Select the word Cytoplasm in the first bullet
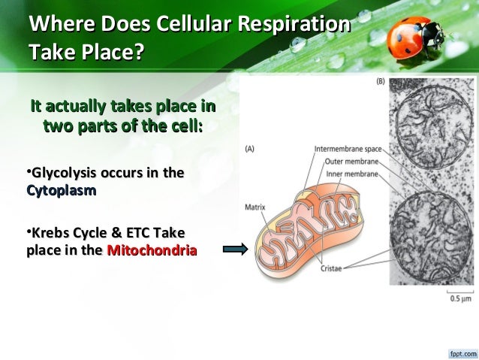click(61, 192)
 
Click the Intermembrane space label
click(347, 149)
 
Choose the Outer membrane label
click(351, 162)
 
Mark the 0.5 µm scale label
click(458, 299)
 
